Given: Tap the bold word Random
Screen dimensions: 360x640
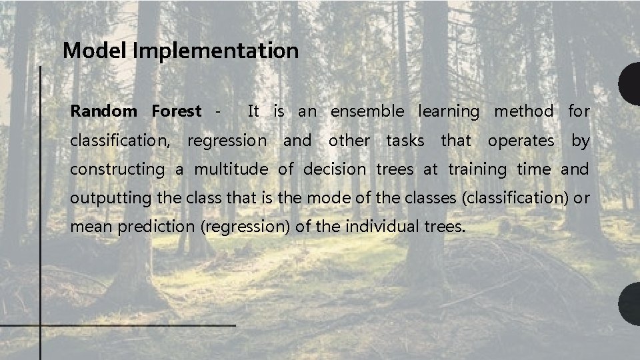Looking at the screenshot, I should coord(103,111).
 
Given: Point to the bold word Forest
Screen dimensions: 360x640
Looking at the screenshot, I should coord(176,111).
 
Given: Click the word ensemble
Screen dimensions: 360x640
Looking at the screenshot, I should coord(367,111).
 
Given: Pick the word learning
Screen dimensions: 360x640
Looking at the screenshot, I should coord(449,111).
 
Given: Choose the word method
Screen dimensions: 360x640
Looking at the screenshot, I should coord(523,111).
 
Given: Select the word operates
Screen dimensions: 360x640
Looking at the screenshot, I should coord(521,141).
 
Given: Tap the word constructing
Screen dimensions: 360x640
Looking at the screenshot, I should coord(117,170).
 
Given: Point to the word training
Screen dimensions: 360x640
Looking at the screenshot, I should coord(477,170).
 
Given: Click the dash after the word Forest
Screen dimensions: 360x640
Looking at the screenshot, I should coord(217,111).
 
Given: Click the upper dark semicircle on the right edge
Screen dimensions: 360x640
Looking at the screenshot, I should coord(630,85).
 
